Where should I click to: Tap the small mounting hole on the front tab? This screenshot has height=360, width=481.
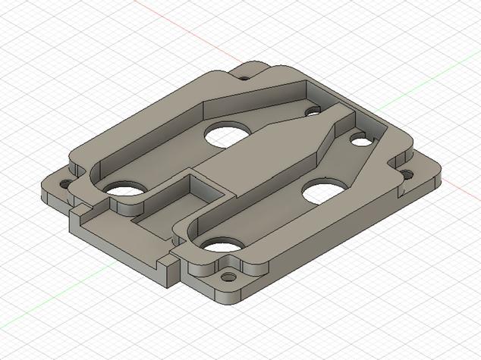(228, 277)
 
